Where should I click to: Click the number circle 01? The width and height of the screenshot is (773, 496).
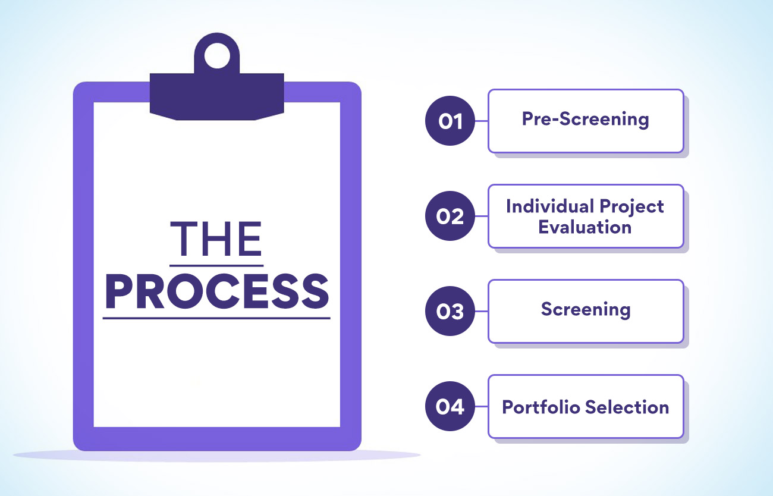(450, 121)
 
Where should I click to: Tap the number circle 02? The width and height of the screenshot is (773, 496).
(450, 216)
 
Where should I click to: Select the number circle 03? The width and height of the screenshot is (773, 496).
(450, 311)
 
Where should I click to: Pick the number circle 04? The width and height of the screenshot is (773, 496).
(450, 406)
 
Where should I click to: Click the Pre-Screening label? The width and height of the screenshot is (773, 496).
(585, 120)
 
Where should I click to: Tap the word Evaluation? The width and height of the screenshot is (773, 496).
(585, 227)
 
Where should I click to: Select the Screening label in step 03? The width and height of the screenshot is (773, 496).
(586, 310)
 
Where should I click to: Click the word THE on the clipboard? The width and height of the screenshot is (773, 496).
(216, 238)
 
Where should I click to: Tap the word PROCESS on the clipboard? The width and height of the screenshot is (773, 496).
(216, 291)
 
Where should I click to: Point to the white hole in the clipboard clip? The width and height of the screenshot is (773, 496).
(217, 55)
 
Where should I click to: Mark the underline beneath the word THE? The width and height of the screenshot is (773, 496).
(216, 266)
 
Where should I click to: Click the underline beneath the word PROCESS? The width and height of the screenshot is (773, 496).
(216, 318)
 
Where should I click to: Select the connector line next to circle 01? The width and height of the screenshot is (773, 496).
(482, 121)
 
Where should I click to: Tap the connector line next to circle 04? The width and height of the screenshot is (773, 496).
(482, 406)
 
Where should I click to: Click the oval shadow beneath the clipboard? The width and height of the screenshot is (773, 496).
(216, 456)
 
